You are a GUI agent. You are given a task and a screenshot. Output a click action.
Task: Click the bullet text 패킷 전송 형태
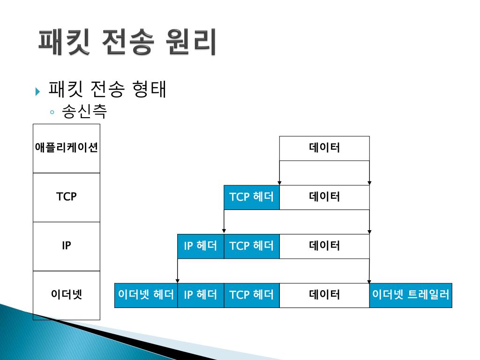[107, 90]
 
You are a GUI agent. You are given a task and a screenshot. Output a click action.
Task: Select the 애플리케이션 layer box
[67, 148]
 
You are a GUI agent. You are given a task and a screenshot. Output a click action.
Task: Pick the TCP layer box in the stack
[67, 197]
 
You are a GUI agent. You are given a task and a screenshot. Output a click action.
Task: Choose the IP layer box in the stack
[67, 246]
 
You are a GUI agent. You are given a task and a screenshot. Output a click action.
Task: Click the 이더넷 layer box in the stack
[67, 295]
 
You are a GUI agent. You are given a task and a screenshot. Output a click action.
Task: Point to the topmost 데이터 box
[324, 148]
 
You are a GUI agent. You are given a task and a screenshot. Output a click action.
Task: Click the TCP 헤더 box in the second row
[252, 197]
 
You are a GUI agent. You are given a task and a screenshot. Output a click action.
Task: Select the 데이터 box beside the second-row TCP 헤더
[324, 197]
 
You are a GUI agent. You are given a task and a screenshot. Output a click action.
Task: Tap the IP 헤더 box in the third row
[201, 246]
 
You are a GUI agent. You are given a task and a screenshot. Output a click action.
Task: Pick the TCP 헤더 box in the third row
[252, 246]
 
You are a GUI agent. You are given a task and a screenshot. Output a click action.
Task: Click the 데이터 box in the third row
[324, 246]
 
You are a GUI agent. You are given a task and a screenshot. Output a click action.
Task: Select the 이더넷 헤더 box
[146, 295]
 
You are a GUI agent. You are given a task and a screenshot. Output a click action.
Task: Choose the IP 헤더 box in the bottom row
[201, 295]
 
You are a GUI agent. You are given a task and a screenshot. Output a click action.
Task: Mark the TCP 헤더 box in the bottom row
[252, 295]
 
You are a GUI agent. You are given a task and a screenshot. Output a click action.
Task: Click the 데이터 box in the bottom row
[324, 295]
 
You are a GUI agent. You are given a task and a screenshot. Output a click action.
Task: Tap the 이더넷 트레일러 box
[411, 295]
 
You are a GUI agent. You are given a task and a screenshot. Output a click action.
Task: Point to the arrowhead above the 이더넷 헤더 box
[178, 280]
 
